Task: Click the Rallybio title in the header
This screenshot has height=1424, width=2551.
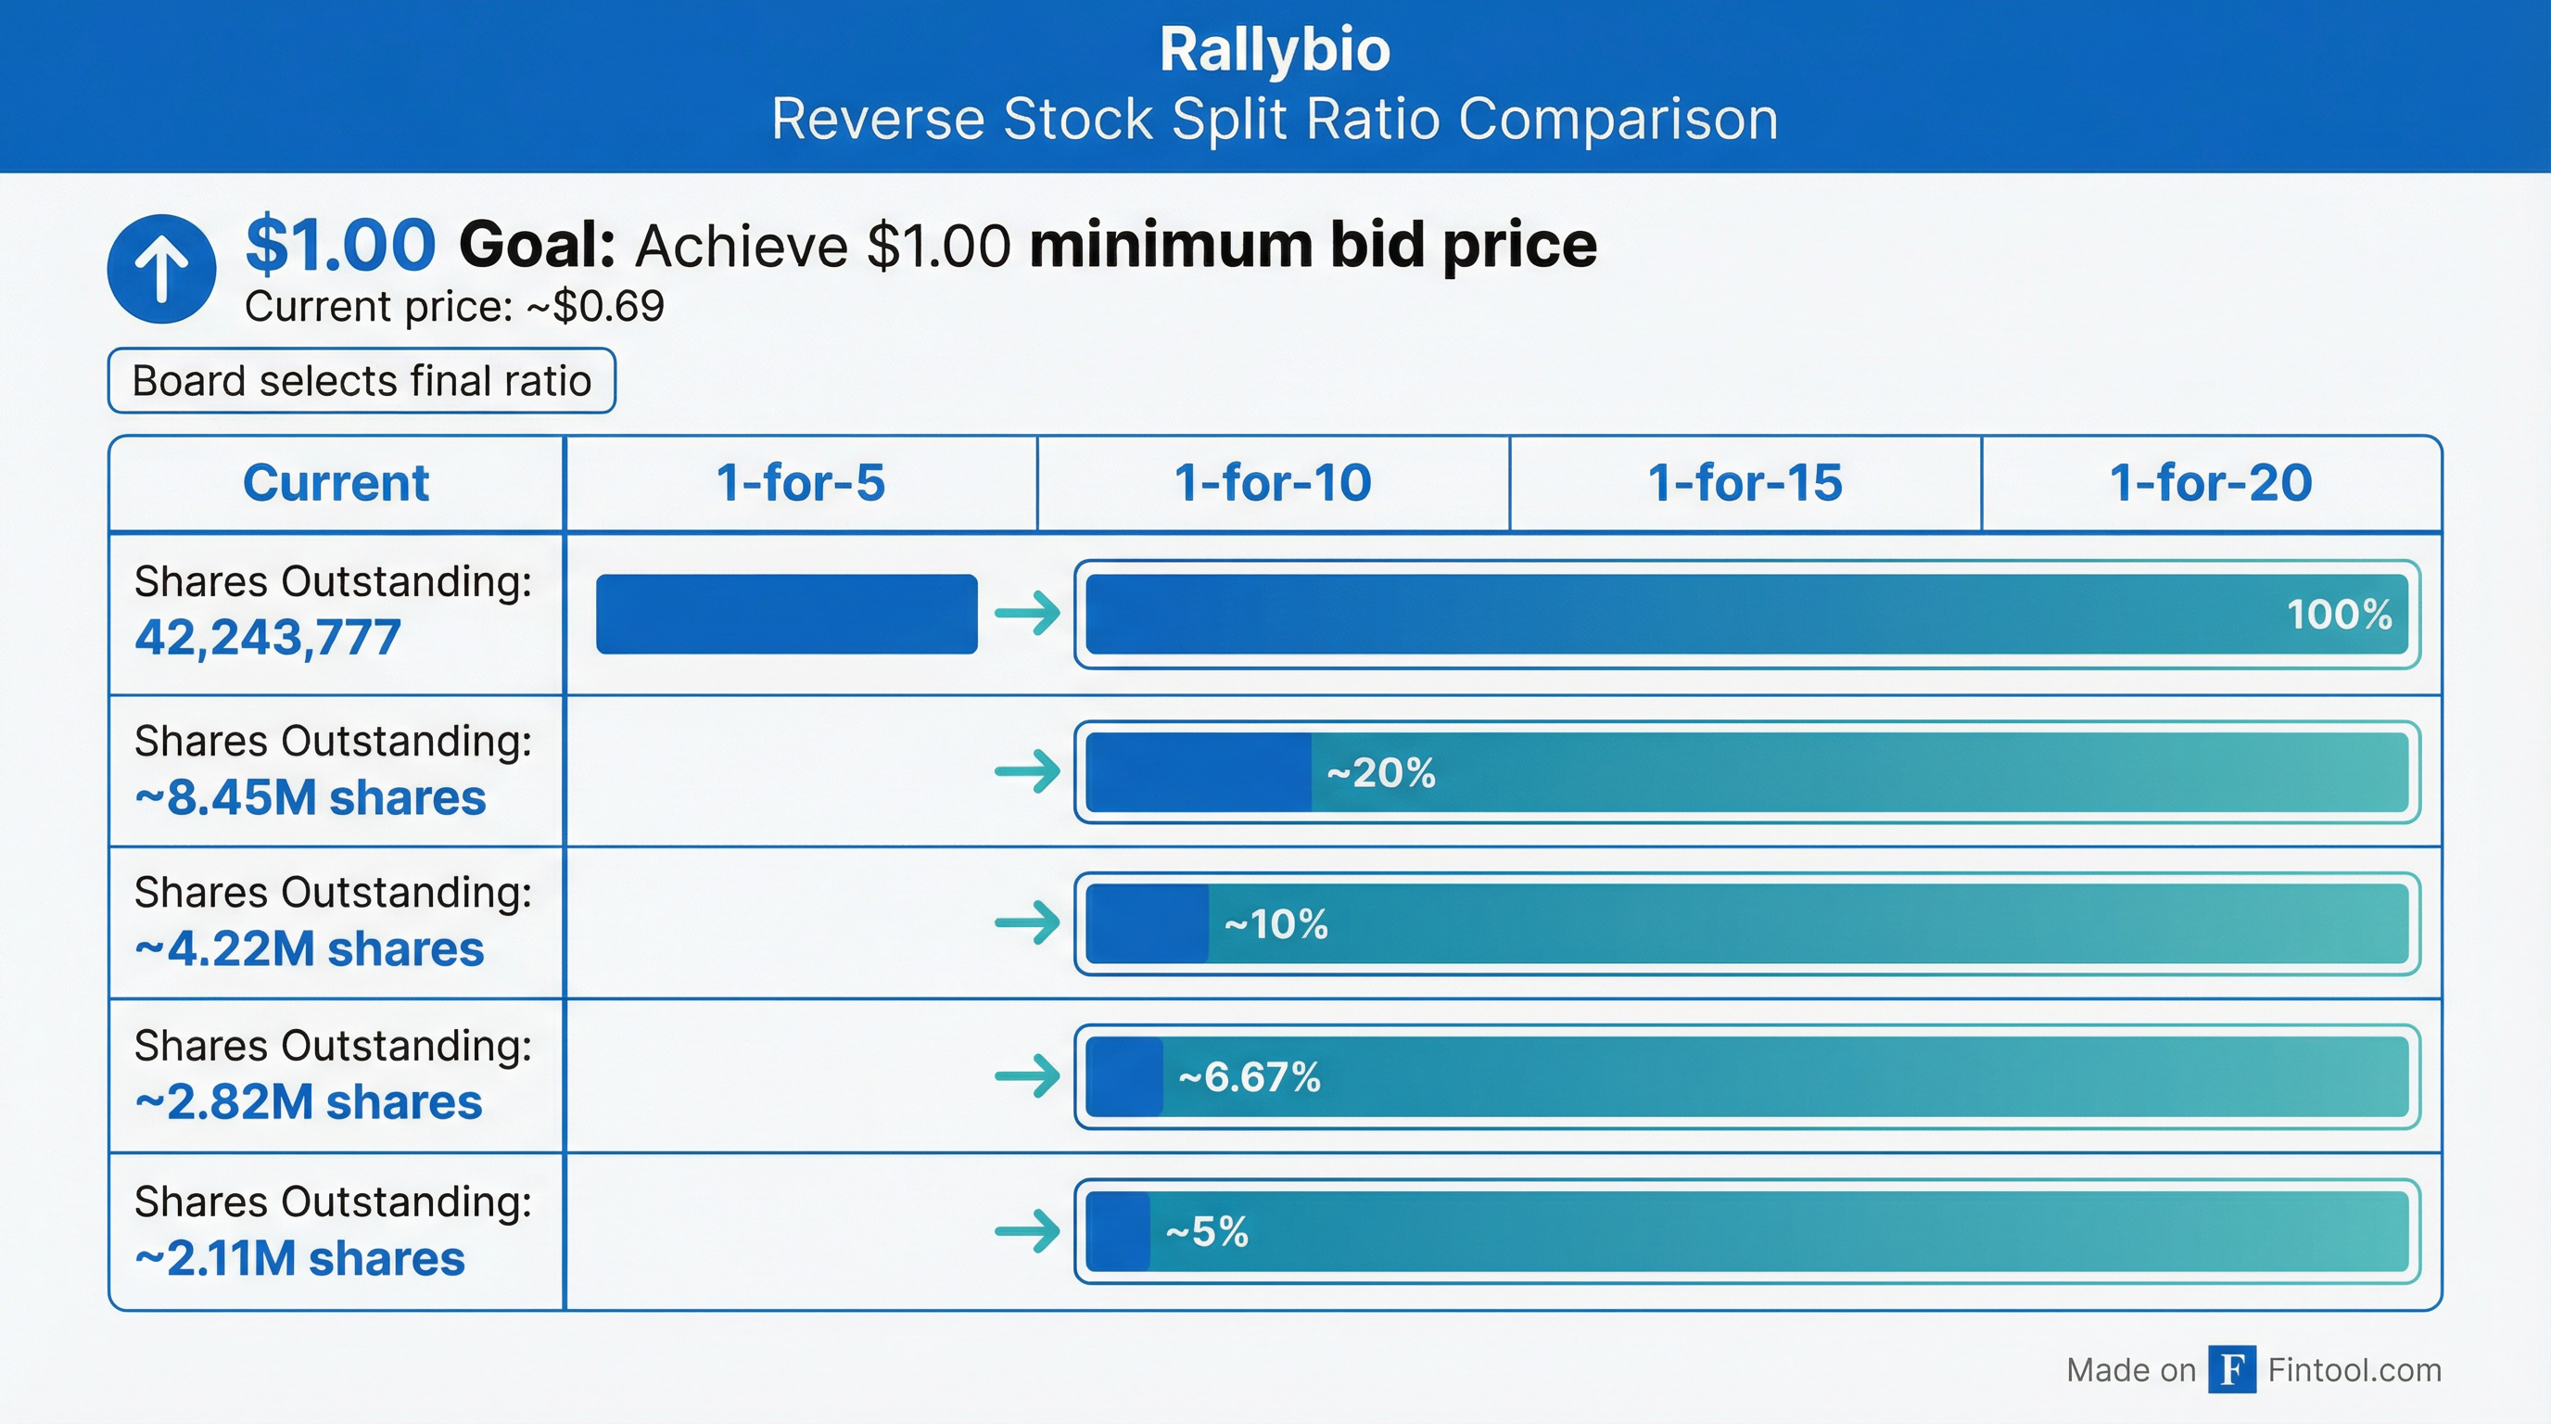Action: pyautogui.click(x=1275, y=49)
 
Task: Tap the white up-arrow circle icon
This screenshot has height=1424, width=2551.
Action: pyautogui.click(x=161, y=268)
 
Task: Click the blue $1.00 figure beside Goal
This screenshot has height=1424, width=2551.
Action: pyautogui.click(x=339, y=245)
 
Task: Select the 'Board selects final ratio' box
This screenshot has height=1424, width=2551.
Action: pyautogui.click(x=362, y=380)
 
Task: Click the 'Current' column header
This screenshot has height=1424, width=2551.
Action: pyautogui.click(x=336, y=483)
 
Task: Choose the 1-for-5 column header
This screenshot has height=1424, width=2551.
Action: pyautogui.click(x=800, y=483)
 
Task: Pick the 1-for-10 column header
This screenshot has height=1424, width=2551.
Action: pyautogui.click(x=1273, y=483)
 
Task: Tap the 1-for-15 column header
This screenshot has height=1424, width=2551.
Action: pyautogui.click(x=1745, y=483)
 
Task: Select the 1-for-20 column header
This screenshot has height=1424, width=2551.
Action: pyautogui.click(x=2210, y=483)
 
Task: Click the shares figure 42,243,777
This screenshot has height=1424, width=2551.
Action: pyautogui.click(x=267, y=637)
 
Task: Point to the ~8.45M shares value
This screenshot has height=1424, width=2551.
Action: pyautogui.click(x=310, y=797)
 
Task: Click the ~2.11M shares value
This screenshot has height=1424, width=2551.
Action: pyautogui.click(x=299, y=1259)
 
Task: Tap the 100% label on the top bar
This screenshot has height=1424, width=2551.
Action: pyautogui.click(x=2339, y=615)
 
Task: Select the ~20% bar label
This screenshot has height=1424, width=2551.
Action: pyautogui.click(x=1380, y=773)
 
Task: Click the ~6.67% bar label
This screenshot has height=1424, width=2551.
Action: pyautogui.click(x=1249, y=1077)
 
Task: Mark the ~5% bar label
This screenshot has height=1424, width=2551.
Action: pyautogui.click(x=1206, y=1233)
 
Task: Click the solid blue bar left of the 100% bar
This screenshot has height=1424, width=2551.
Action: pyautogui.click(x=786, y=614)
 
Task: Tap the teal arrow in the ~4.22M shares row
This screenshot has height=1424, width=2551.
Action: pyautogui.click(x=1027, y=924)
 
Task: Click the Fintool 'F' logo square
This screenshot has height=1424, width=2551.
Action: pyautogui.click(x=2232, y=1369)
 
